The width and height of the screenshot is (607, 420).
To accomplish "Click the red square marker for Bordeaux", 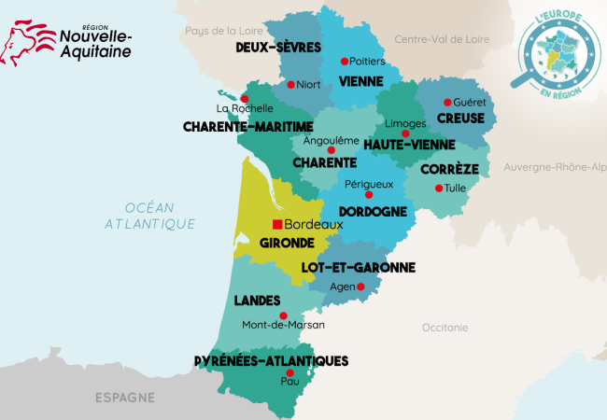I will [276, 225].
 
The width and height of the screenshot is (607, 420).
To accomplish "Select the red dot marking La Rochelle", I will [245, 98].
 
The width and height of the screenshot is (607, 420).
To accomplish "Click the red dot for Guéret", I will [447, 102].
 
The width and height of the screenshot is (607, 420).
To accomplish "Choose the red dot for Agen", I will [360, 287].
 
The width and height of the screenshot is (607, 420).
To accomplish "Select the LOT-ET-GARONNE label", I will [345, 267].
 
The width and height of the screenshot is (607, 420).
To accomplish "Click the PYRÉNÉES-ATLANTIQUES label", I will [271, 360].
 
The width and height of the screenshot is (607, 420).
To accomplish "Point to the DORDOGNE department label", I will [372, 212].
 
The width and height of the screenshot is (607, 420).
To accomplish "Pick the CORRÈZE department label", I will [449, 170].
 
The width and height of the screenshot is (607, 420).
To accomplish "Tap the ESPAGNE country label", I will [124, 398].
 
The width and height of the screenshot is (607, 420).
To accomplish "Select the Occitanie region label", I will [445, 328].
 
